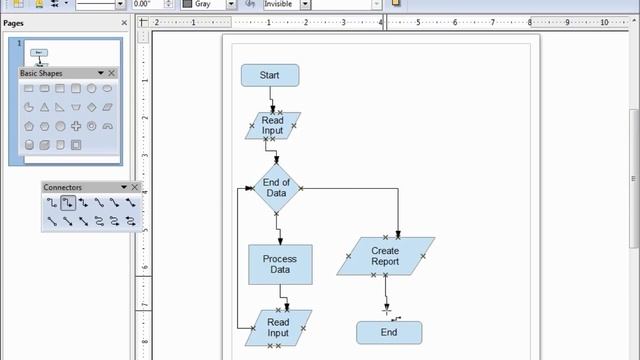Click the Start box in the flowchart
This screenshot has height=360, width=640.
pos(269,75)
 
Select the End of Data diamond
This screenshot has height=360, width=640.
pos(276,189)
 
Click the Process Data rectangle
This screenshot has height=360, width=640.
pos(279,264)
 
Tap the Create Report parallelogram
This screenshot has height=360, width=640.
pos(385,256)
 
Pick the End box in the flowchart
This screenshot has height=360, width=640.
pos(389,332)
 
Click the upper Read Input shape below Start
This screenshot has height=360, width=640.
pos(272,125)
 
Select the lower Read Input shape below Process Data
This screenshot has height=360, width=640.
pos(278,328)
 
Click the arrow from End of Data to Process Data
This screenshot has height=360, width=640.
pos(279,229)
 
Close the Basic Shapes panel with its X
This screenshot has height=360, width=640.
pos(112,73)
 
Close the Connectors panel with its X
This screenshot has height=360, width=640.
pos(135,187)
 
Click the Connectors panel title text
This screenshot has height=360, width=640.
pos(62,187)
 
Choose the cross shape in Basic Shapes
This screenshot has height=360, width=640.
pos(76,126)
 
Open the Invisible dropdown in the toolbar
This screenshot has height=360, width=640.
pos(320,4)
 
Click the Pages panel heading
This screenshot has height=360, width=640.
pos(14,22)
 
